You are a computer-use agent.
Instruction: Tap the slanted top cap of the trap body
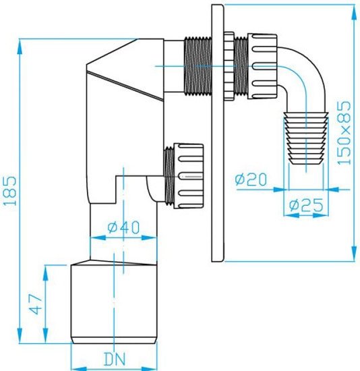coord(125,71)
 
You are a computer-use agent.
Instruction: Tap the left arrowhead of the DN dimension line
coord(74,368)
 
